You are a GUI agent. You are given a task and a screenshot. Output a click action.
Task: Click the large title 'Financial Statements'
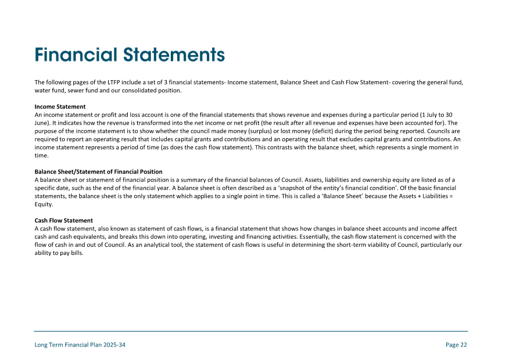point(130,55)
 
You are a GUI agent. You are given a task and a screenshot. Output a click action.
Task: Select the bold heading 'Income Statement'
point(60,107)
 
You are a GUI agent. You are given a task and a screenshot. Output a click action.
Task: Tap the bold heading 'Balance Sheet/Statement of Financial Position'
point(98,172)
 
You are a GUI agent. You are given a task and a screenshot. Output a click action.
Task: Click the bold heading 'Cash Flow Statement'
point(63,221)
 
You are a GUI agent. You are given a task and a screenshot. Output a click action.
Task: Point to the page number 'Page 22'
point(456,345)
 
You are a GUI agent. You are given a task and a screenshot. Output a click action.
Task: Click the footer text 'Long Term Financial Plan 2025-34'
point(80,345)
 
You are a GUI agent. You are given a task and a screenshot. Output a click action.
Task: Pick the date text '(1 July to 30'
point(436,115)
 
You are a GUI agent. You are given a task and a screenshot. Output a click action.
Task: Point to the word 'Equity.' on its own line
point(44,204)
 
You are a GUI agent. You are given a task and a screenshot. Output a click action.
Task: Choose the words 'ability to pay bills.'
point(59,253)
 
